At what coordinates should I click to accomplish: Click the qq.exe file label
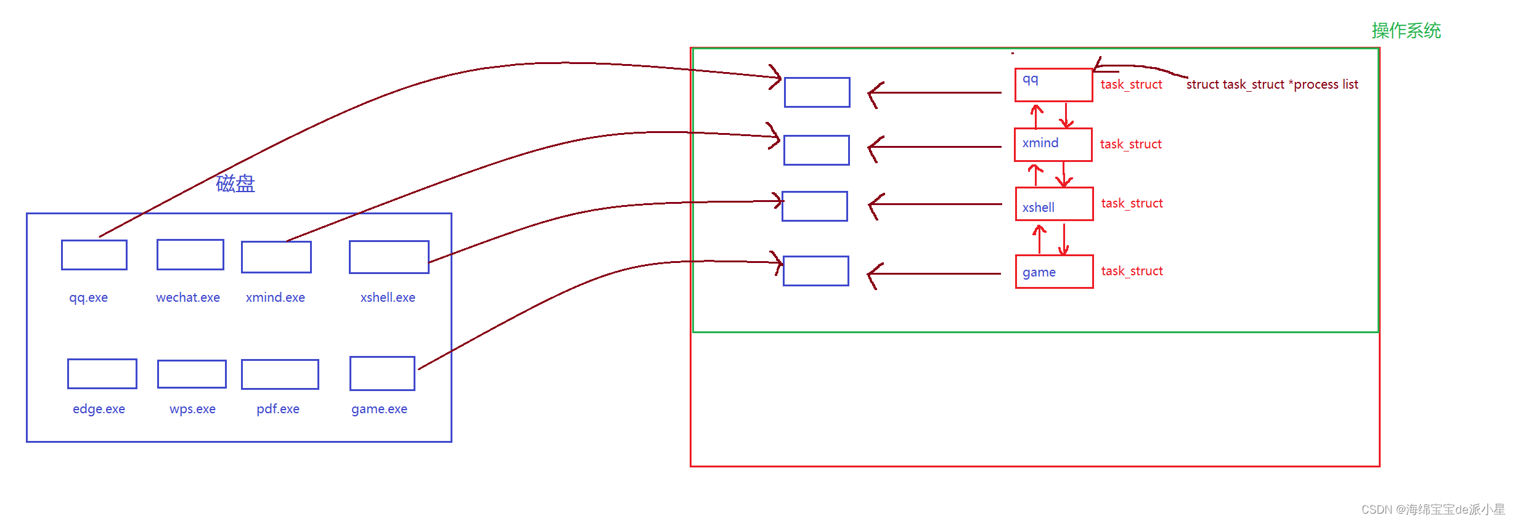pyautogui.click(x=88, y=297)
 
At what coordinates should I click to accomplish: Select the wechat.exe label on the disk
pyautogui.click(x=188, y=297)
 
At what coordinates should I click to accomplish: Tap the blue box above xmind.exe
pyautogui.click(x=276, y=257)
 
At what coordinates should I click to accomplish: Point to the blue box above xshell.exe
pyautogui.click(x=389, y=257)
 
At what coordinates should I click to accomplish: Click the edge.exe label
pyautogui.click(x=99, y=409)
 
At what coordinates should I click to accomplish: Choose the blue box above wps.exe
pyautogui.click(x=192, y=374)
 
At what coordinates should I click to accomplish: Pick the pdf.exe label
pyautogui.click(x=278, y=409)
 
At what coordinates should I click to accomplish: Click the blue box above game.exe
pyautogui.click(x=382, y=373)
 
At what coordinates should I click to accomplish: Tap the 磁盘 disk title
pyautogui.click(x=235, y=184)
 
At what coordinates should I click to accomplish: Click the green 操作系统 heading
pyautogui.click(x=1406, y=31)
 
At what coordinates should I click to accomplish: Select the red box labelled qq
pyautogui.click(x=1053, y=85)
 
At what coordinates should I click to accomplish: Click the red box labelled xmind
pyautogui.click(x=1053, y=145)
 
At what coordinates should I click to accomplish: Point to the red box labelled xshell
pyautogui.click(x=1054, y=204)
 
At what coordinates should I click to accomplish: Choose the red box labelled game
pyautogui.click(x=1054, y=272)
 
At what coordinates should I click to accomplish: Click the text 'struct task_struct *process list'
pyautogui.click(x=1272, y=84)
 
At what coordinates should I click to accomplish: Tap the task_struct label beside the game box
pyautogui.click(x=1132, y=271)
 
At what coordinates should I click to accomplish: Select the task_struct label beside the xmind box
pyautogui.click(x=1130, y=144)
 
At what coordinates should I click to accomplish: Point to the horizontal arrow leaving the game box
pyautogui.click(x=934, y=273)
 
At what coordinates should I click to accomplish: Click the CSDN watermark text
pyautogui.click(x=1433, y=509)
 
